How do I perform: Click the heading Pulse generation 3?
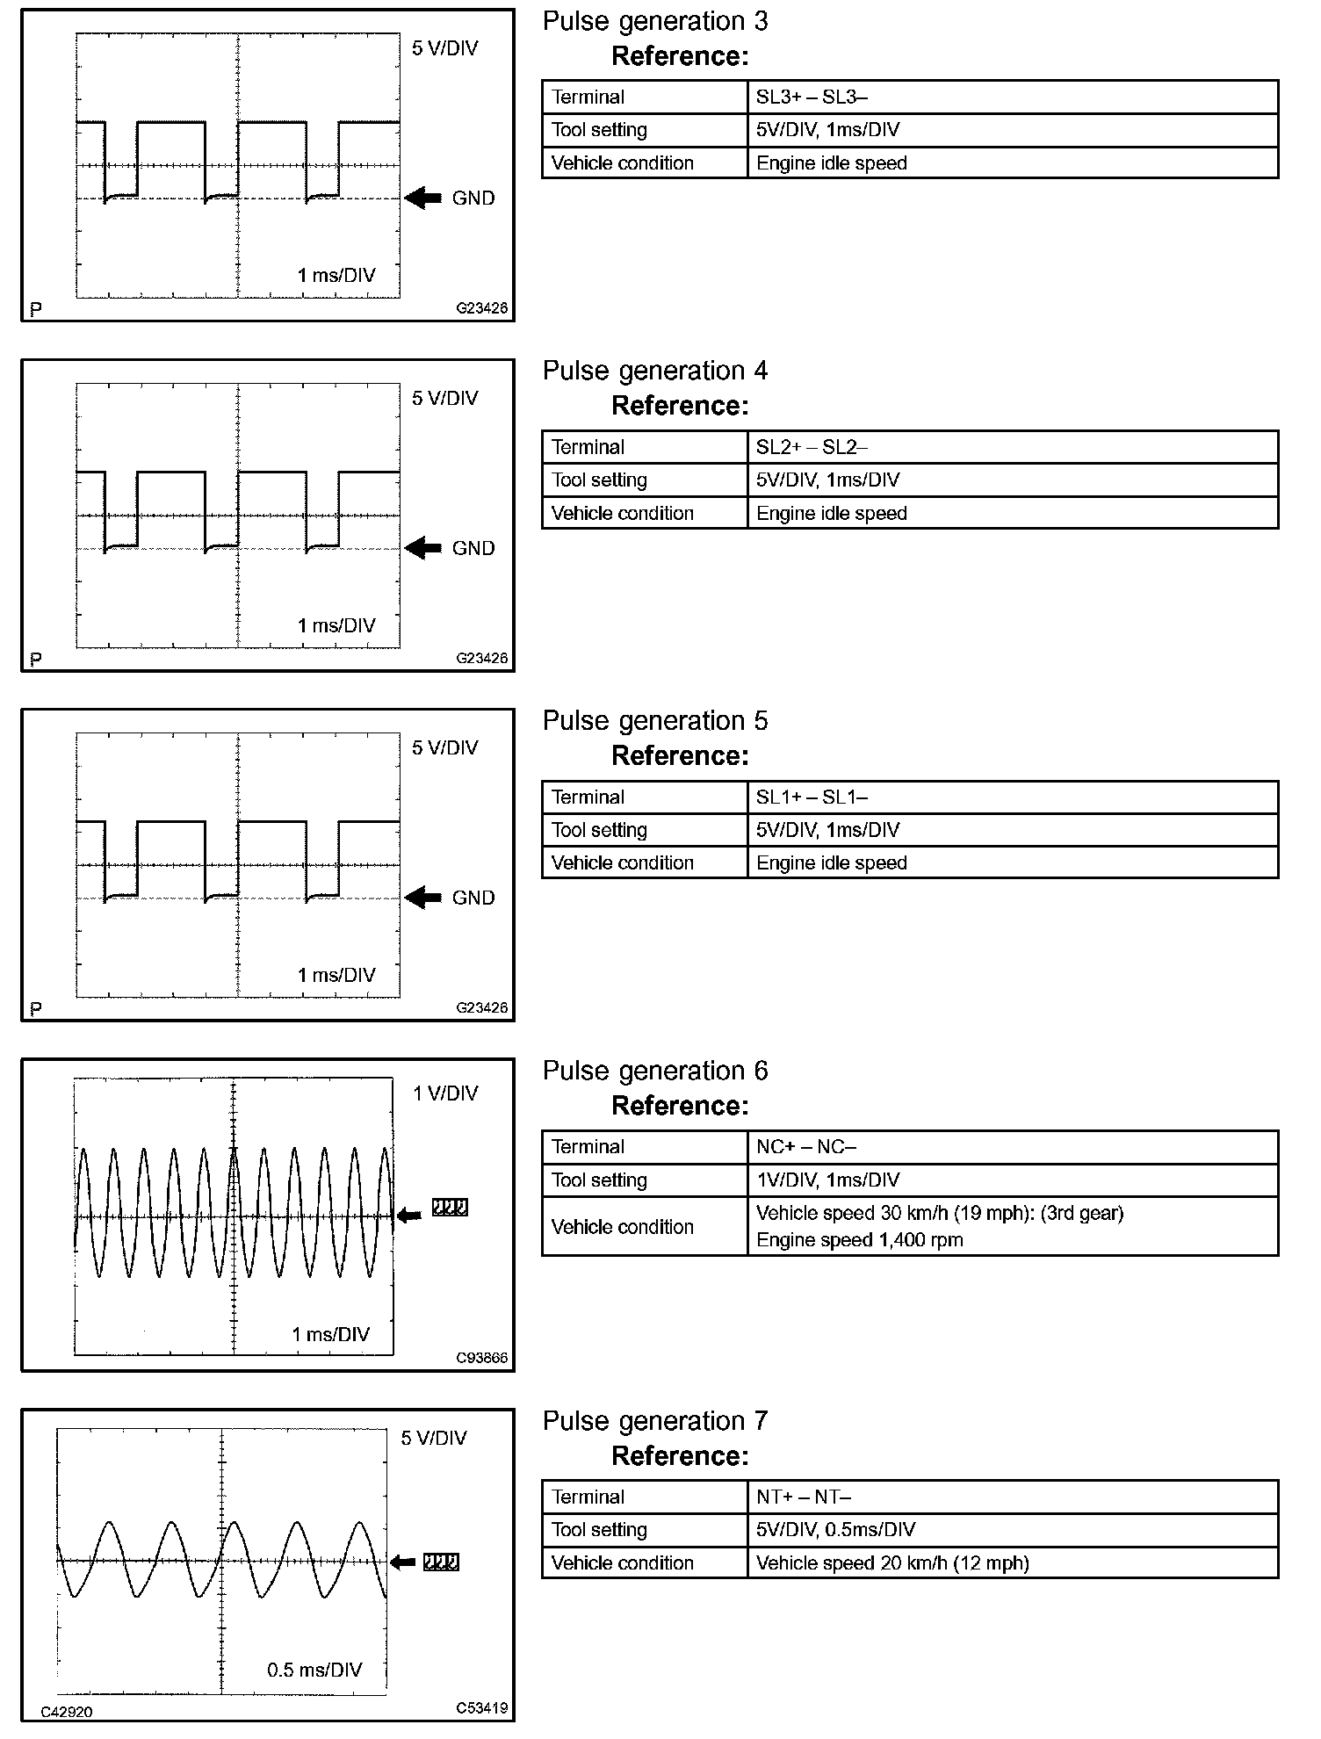click(654, 22)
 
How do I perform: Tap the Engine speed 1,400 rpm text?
click(859, 1240)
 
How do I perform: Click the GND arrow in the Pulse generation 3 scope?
click(423, 198)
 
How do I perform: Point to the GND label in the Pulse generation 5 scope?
click(473, 898)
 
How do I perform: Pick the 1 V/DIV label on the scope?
click(445, 1093)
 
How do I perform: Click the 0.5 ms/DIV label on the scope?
click(314, 1670)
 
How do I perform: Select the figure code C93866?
click(481, 1358)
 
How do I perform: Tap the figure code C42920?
click(67, 1712)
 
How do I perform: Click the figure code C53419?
click(481, 1708)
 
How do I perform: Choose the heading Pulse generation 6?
click(654, 1072)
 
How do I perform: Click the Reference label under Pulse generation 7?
click(680, 1456)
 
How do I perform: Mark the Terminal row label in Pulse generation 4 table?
click(588, 447)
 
